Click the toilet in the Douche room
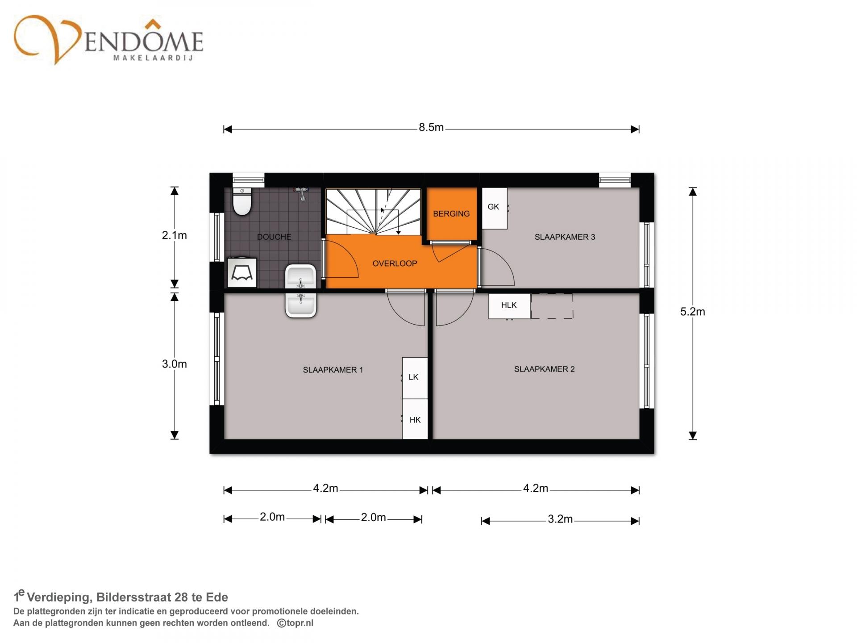point(242,201)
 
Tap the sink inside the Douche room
point(300,277)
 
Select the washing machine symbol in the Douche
point(242,273)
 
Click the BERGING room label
point(451,214)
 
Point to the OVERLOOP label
point(395,263)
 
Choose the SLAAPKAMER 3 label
point(565,237)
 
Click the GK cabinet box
point(495,208)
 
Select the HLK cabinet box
point(509,306)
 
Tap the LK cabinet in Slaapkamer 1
point(415,378)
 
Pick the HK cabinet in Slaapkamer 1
point(415,419)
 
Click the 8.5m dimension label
point(431,128)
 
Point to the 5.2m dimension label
point(692,312)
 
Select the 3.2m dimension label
point(560,519)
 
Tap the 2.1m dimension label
point(174,235)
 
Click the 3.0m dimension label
point(174,364)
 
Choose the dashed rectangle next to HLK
point(552,306)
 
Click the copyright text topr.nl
point(295,623)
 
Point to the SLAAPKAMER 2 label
point(544,369)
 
